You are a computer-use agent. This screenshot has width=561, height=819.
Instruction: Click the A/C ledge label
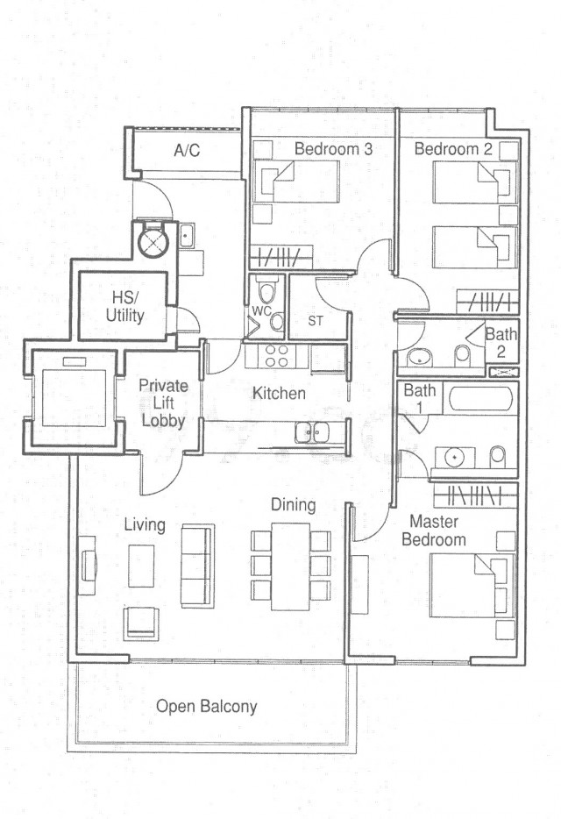187,151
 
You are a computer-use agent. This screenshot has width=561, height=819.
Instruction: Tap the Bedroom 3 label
333,148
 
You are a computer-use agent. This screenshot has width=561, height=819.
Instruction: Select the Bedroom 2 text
453,148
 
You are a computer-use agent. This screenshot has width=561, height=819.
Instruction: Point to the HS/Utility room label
124,307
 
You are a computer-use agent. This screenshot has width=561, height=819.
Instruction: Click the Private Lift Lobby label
164,402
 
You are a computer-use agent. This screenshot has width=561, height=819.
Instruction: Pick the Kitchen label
279,393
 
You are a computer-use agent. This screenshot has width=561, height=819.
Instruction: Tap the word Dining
293,504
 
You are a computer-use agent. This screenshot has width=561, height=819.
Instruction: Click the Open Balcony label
206,707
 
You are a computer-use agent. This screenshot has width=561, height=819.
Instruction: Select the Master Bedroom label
434,531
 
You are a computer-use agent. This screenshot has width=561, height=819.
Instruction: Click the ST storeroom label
315,321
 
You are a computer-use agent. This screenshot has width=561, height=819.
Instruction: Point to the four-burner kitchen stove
276,356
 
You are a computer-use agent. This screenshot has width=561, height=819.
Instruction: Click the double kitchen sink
311,432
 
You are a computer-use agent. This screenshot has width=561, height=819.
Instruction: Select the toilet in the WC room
266,291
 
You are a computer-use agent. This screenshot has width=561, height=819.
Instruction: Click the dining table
290,566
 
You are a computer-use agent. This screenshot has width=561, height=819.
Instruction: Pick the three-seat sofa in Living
197,566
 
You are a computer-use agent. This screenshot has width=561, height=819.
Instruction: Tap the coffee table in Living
141,566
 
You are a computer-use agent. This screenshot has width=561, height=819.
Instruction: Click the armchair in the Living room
141,623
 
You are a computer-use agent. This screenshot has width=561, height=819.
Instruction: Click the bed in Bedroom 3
296,182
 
